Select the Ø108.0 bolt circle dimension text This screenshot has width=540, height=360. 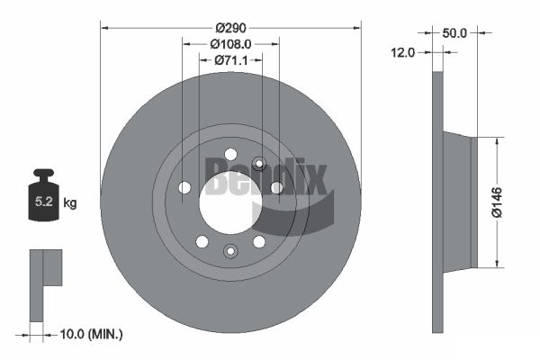pyautogui.click(x=230, y=42)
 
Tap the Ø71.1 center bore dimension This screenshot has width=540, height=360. pyautogui.click(x=230, y=60)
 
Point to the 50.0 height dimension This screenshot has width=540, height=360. pyautogui.click(x=456, y=32)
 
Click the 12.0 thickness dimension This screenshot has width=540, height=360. pyautogui.click(x=402, y=52)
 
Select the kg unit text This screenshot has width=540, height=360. pyautogui.click(x=70, y=203)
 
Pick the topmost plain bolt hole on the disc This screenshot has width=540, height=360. pyautogui.click(x=230, y=153)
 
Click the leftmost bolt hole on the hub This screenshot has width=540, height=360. pyautogui.click(x=184, y=187)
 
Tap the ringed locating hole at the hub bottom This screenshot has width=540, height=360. pyautogui.click(x=230, y=250)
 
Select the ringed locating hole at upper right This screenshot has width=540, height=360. pyautogui.click(x=259, y=164)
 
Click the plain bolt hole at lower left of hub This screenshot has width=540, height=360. pyautogui.click(x=202, y=241)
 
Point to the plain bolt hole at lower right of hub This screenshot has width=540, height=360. pyautogui.click(x=259, y=241)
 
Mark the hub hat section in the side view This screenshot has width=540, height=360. pyautogui.click(x=459, y=202)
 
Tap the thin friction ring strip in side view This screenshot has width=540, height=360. pyautogui.click(x=438, y=202)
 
